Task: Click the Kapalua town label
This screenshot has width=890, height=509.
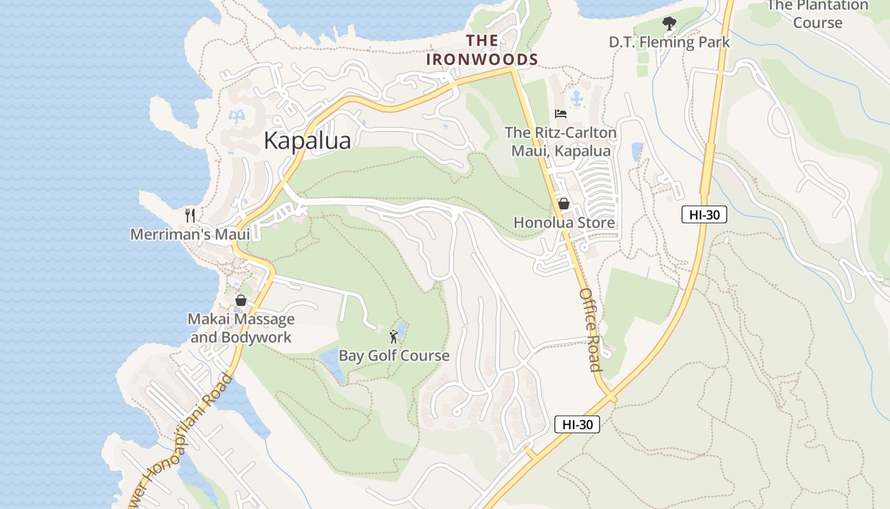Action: tap(307, 141)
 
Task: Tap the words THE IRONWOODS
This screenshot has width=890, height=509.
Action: tap(482, 50)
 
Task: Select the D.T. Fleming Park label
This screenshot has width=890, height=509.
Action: tap(669, 43)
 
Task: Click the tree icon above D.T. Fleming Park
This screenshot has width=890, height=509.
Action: tap(669, 24)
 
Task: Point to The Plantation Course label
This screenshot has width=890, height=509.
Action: tap(818, 14)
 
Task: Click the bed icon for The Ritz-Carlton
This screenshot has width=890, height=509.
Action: tap(560, 114)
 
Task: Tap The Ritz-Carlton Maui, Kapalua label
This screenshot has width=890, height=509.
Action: tap(561, 142)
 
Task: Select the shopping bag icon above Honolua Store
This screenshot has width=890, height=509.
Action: tap(563, 204)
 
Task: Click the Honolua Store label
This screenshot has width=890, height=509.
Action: tap(564, 223)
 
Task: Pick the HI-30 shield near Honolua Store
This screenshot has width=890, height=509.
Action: tap(704, 214)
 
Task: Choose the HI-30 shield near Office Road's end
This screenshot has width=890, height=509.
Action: tap(577, 424)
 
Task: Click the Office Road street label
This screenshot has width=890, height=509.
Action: tap(590, 330)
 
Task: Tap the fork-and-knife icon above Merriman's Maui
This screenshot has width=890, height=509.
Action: tap(189, 215)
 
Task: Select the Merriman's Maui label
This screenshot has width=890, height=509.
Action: tap(190, 234)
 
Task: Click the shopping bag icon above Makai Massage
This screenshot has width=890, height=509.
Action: tap(241, 300)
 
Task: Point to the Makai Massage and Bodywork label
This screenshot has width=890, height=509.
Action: tap(241, 328)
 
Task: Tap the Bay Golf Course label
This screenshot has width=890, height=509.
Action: tap(394, 356)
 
